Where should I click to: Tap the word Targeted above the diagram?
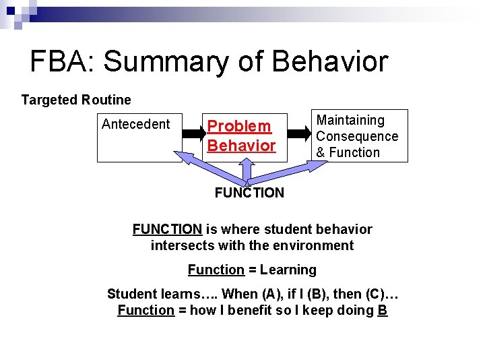[48, 100]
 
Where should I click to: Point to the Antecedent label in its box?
[136, 124]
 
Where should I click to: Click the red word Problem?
[239, 126]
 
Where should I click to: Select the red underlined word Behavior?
[242, 146]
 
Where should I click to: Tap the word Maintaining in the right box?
[350, 121]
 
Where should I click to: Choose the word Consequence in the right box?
[357, 136]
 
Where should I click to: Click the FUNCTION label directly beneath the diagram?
[249, 193]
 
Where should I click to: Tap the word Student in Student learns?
[131, 295]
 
